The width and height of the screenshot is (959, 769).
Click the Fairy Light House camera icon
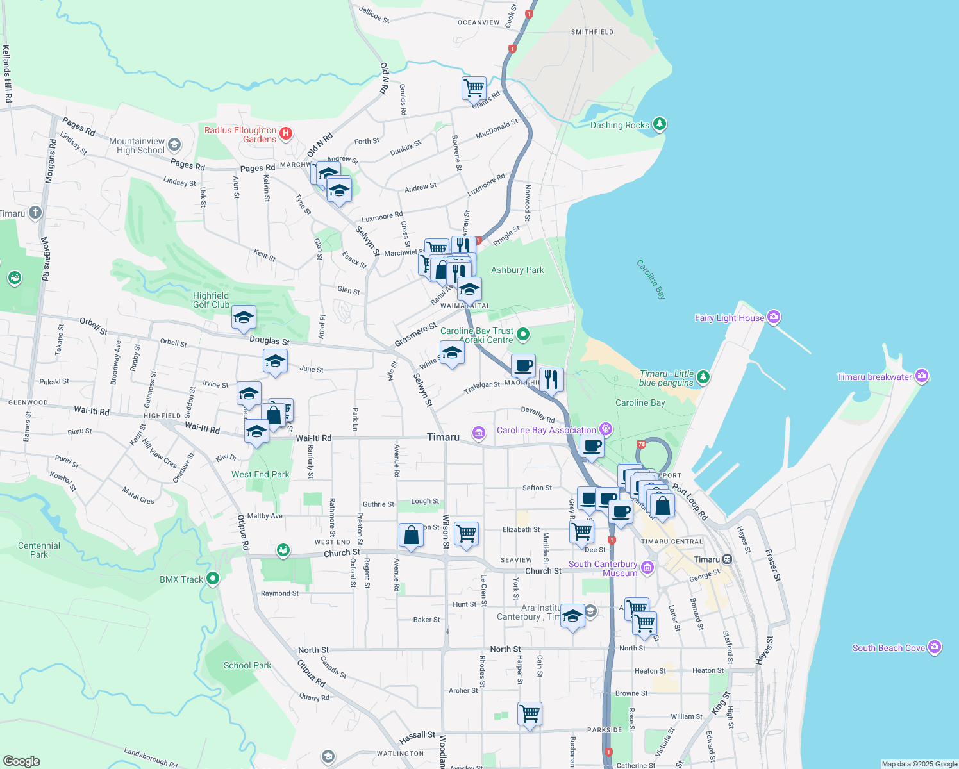[x=774, y=317]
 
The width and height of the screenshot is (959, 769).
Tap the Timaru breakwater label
[x=874, y=377]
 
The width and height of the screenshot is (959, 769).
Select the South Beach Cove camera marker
[x=935, y=647]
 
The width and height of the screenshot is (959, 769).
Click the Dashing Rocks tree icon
[x=660, y=124]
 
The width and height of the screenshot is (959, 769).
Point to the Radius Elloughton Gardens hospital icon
[x=286, y=134]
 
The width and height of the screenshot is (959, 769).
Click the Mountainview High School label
[x=137, y=145]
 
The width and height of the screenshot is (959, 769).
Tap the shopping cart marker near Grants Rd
[x=474, y=88]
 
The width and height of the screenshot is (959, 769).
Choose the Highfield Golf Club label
[x=211, y=300]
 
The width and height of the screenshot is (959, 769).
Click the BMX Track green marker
[x=213, y=579]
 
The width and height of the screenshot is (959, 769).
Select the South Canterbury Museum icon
[x=647, y=567]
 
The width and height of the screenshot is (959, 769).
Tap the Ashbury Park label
[x=517, y=270]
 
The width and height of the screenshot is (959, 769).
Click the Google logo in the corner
[x=22, y=761]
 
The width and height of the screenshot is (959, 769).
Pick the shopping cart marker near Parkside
[x=530, y=713]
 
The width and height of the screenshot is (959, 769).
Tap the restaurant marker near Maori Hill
[x=551, y=379]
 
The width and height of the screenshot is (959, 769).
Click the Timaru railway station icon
[x=728, y=559]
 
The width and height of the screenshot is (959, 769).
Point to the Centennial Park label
[x=39, y=550]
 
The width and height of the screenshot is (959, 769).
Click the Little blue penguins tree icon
[x=703, y=377]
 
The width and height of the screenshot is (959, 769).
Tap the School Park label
[x=247, y=665]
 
